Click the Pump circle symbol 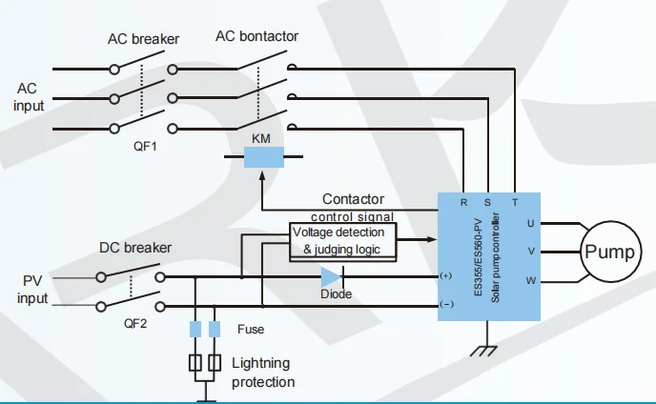(x=608, y=252)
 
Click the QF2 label (x=136, y=322)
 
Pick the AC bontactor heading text (x=256, y=36)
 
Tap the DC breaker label (x=135, y=248)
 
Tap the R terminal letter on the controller (x=463, y=203)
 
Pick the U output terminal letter (x=530, y=224)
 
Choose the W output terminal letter (x=530, y=280)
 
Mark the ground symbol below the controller (x=486, y=350)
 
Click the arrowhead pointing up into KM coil (x=260, y=178)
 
